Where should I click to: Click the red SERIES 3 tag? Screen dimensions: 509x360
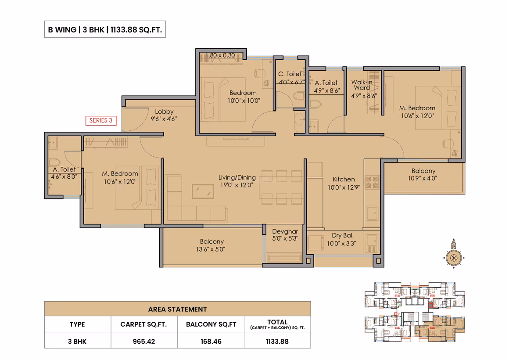point(101,121)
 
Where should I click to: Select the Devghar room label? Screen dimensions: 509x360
point(285,231)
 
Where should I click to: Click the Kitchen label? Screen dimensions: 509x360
point(344,179)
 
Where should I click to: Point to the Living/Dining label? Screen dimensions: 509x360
point(237,177)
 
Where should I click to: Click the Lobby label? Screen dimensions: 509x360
point(164,112)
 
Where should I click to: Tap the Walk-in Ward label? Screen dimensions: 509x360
point(362,85)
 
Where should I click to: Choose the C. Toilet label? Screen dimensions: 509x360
point(290,74)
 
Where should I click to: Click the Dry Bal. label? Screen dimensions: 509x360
point(343,235)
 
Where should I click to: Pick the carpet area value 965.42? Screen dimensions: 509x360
point(144,342)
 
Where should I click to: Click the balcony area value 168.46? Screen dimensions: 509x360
point(211,342)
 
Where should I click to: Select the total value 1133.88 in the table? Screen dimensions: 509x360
point(277,342)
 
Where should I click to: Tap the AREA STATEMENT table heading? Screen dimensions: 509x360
point(178,310)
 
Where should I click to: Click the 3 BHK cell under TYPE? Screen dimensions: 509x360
point(77,342)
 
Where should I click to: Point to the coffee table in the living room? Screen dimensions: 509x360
point(203,191)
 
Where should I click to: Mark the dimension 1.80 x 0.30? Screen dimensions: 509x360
point(220,55)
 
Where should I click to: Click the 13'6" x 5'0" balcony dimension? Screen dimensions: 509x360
point(210,249)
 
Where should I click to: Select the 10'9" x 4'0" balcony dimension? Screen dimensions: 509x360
point(422,178)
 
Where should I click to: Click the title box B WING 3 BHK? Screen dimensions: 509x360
point(105,29)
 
